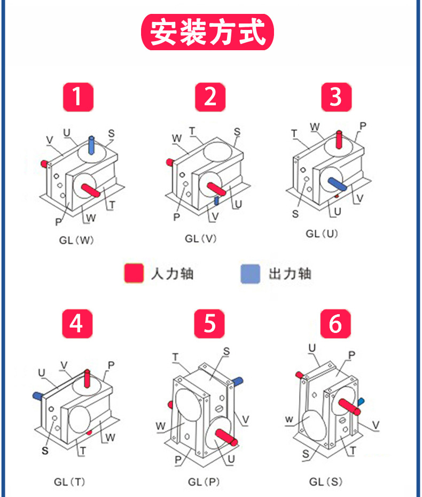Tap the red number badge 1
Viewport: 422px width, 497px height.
click(x=78, y=97)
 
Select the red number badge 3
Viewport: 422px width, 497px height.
click(x=336, y=97)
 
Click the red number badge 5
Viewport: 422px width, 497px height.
click(x=209, y=324)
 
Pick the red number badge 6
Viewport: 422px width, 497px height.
click(x=335, y=324)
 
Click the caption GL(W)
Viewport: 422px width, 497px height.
click(x=76, y=240)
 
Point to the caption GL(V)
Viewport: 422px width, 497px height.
click(x=201, y=238)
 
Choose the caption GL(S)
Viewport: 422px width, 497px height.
click(x=326, y=482)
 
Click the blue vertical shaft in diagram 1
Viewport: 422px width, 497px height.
click(x=91, y=144)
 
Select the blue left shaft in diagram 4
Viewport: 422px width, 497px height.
click(x=38, y=395)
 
